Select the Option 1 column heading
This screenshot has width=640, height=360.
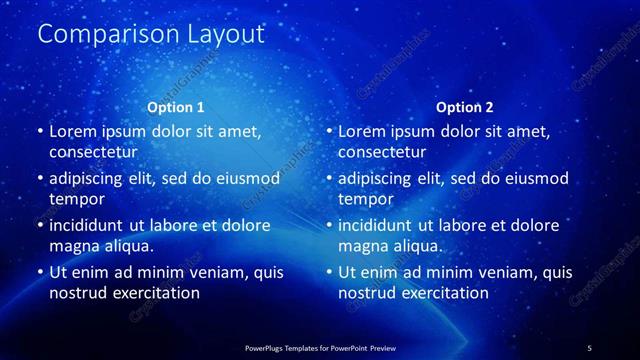tap(176, 107)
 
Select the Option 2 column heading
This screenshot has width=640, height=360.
tap(465, 107)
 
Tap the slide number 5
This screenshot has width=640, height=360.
tap(589, 348)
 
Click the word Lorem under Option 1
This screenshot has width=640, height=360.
tap(73, 131)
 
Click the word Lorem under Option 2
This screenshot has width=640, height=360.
tap(362, 131)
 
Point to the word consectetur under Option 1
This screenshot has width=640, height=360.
tap(93, 152)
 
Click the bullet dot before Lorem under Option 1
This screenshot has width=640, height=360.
tap(39, 132)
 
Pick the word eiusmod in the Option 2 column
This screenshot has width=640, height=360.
tap(535, 178)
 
